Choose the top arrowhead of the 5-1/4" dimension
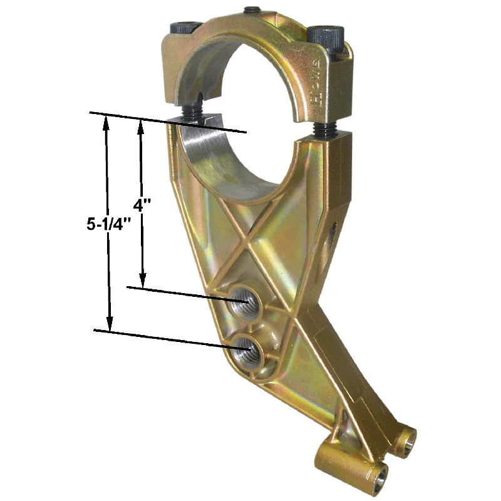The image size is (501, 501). (106, 123)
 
